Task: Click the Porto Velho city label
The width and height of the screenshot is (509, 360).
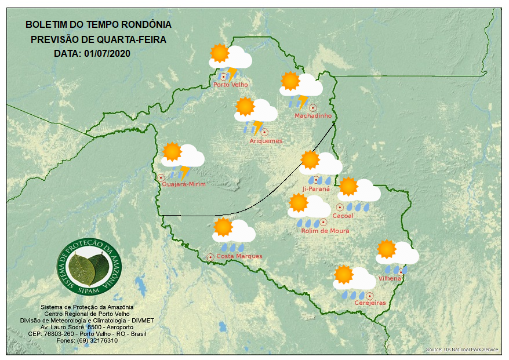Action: coord(231,85)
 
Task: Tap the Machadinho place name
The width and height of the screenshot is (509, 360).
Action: coord(313,116)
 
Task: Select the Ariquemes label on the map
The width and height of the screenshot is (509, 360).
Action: coord(266,141)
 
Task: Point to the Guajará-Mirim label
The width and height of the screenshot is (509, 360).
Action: coord(184,184)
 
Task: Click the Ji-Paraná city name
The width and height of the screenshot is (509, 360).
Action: coord(316,188)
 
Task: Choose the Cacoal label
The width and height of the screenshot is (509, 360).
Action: coord(343,216)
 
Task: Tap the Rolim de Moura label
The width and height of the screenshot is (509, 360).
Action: coord(325,231)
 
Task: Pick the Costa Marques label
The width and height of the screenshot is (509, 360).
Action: coord(239,256)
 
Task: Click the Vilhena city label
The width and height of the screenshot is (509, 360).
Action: coord(390,278)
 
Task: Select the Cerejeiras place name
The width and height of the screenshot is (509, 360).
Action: coord(370,303)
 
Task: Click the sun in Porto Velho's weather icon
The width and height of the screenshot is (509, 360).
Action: coord(220,53)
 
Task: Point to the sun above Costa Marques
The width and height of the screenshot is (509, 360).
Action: coord(223,227)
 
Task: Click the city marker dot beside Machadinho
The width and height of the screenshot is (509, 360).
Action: coord(313,107)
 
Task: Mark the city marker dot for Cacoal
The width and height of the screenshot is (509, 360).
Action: coord(340,207)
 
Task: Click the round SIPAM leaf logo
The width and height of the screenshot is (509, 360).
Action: coord(90,266)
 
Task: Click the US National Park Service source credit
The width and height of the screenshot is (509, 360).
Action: coord(462,350)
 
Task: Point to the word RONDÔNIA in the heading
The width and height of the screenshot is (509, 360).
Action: coord(146,25)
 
